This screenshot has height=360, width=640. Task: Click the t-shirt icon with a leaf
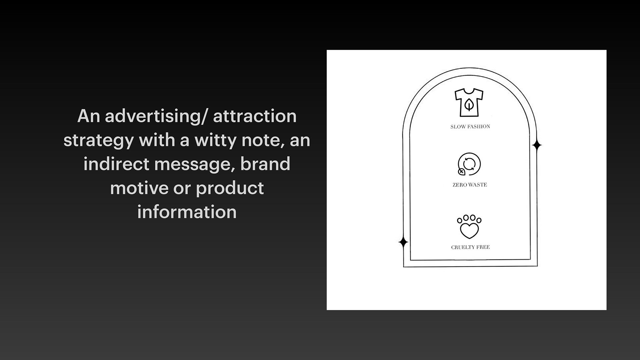tap(469, 103)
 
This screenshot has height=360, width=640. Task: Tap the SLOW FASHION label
tap(470, 127)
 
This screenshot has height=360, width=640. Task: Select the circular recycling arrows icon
tap(469, 164)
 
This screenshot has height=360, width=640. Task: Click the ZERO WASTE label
tap(470, 185)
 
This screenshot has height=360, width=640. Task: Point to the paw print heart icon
tap(469, 227)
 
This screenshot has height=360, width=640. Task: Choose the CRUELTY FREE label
tap(470, 247)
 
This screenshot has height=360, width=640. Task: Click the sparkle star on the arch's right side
tap(537, 145)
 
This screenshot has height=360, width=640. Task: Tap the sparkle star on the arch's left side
tap(403, 242)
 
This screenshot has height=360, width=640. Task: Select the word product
tap(230, 189)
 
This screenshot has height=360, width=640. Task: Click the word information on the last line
tap(187, 212)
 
